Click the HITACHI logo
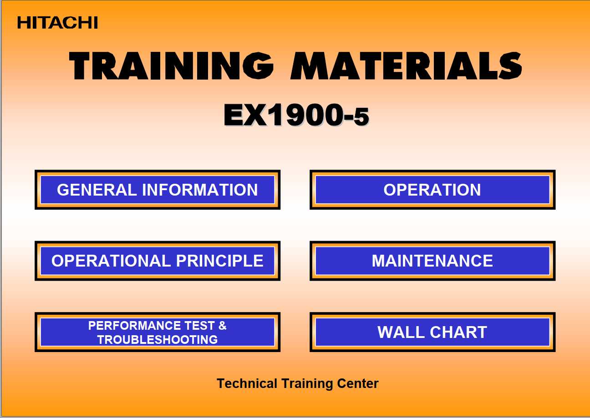(x=57, y=22)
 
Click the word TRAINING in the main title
(x=171, y=66)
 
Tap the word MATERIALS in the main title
(x=406, y=66)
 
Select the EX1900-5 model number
(x=296, y=116)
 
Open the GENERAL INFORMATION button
(x=158, y=190)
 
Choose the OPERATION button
(x=432, y=190)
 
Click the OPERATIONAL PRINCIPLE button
(x=158, y=261)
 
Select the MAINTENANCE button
(x=432, y=261)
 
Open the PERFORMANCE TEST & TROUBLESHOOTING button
(x=158, y=332)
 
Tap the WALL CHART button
(x=432, y=332)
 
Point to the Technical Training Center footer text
(x=297, y=383)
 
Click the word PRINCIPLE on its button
(x=219, y=261)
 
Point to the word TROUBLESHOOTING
(x=158, y=339)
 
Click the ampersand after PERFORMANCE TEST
(x=222, y=326)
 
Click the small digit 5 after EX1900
(x=361, y=118)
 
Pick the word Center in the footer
(x=357, y=383)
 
